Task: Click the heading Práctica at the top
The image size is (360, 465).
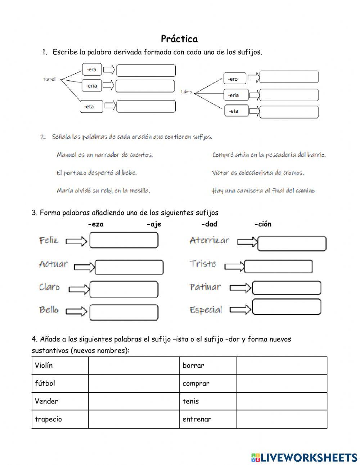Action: tap(179, 39)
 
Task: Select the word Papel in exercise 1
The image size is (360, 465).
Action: tap(50, 79)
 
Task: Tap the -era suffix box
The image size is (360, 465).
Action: tap(92, 69)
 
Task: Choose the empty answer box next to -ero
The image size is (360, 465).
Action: tap(289, 77)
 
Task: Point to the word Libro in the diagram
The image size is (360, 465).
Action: tap(186, 92)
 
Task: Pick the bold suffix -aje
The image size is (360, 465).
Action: tap(154, 224)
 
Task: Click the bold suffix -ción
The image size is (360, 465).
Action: tap(263, 224)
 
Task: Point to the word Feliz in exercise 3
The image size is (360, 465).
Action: tap(49, 240)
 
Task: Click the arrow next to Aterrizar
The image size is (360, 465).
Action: tap(247, 242)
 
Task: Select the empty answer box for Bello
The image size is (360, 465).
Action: tap(123, 312)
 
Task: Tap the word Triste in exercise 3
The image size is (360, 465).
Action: tap(203, 264)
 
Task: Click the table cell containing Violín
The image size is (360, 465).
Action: tap(60, 366)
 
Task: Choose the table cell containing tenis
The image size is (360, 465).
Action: tap(208, 401)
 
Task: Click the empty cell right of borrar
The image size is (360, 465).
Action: tap(282, 366)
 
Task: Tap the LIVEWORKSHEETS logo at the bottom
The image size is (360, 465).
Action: tap(304, 457)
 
